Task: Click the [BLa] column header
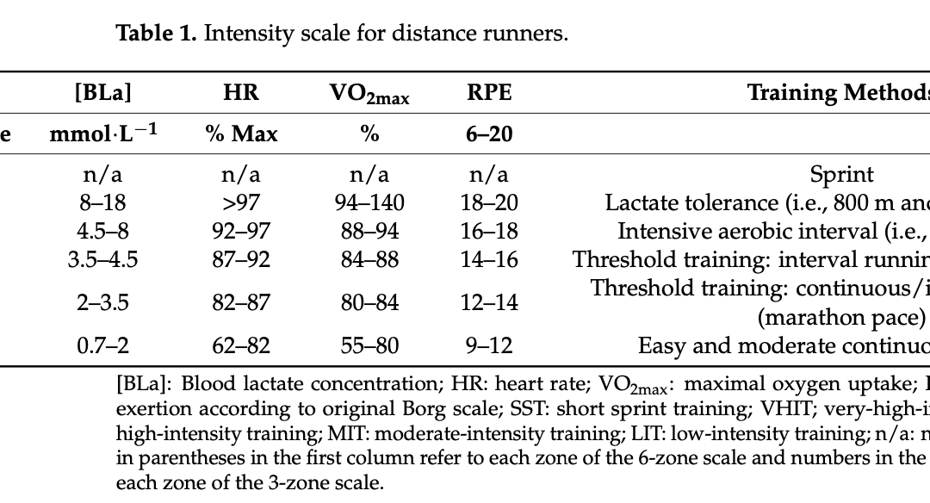[102, 92]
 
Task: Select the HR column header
[241, 92]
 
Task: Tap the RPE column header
[489, 92]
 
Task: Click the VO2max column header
[369, 94]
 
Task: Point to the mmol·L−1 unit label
[103, 134]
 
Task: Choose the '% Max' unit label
[241, 134]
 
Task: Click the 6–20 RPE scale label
[489, 134]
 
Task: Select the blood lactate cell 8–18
[102, 203]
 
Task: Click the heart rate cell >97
[241, 203]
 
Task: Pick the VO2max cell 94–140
[369, 203]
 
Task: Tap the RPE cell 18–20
[489, 203]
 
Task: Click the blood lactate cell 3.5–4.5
[102, 260]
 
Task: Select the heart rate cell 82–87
[241, 302]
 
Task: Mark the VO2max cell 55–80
[369, 345]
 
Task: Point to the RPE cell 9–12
[489, 345]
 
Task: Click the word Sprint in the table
[841, 175]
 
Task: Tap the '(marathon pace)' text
[841, 318]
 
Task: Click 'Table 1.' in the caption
[156, 34]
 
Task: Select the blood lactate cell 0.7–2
[102, 345]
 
